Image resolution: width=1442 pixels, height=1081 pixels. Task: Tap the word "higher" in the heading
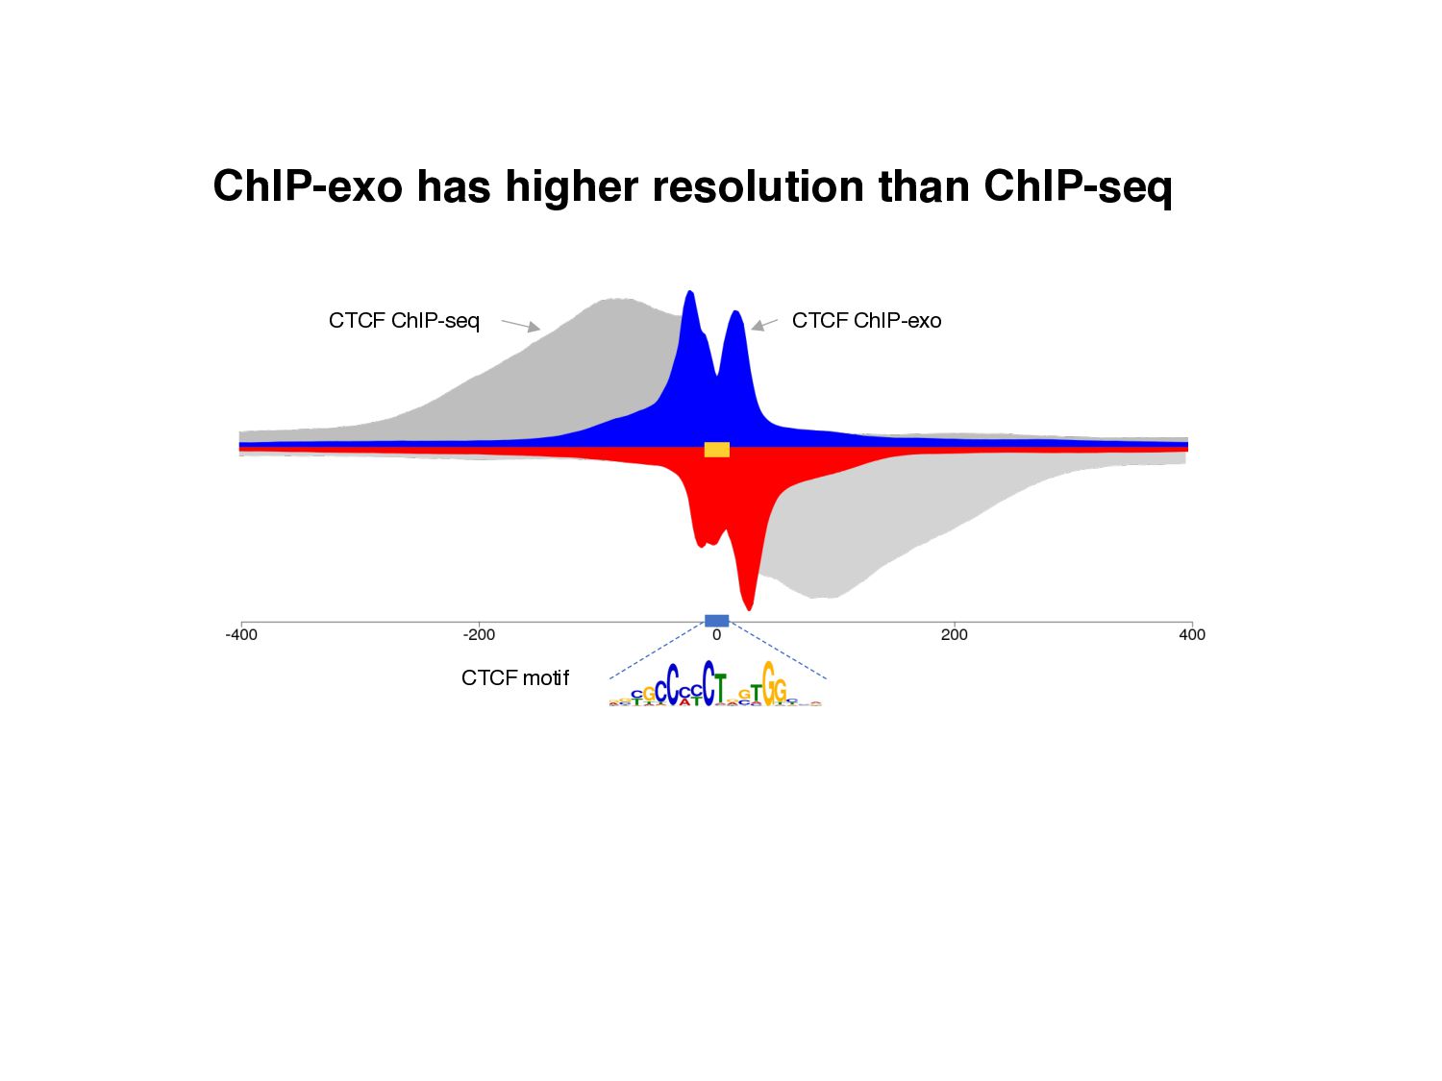[571, 186]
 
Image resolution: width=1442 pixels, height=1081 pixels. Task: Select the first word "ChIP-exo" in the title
[307, 186]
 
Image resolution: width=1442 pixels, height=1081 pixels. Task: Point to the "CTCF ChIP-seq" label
[404, 321]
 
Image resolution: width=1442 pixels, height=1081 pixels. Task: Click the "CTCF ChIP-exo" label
[866, 321]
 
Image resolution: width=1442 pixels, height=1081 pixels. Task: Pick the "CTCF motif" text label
[515, 678]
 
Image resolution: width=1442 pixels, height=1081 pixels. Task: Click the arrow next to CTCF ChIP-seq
[521, 326]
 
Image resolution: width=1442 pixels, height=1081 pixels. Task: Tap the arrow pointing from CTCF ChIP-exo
[763, 326]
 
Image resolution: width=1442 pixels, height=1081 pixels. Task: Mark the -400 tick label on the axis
[241, 634]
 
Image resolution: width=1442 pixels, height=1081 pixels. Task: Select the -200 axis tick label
[479, 634]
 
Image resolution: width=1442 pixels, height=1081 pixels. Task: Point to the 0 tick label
[716, 634]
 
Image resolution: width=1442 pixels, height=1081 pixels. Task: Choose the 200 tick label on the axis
[955, 634]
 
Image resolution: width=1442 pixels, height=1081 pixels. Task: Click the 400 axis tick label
[1192, 634]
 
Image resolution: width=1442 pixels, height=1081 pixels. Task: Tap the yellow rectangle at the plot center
[717, 450]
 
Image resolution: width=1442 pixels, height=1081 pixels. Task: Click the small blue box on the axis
[717, 621]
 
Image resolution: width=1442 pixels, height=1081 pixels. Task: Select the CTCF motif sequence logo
[716, 684]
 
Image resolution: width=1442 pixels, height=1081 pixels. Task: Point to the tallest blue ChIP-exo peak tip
[689, 292]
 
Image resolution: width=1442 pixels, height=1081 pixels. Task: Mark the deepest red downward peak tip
[750, 607]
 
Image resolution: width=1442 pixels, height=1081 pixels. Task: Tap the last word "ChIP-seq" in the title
[1078, 186]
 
